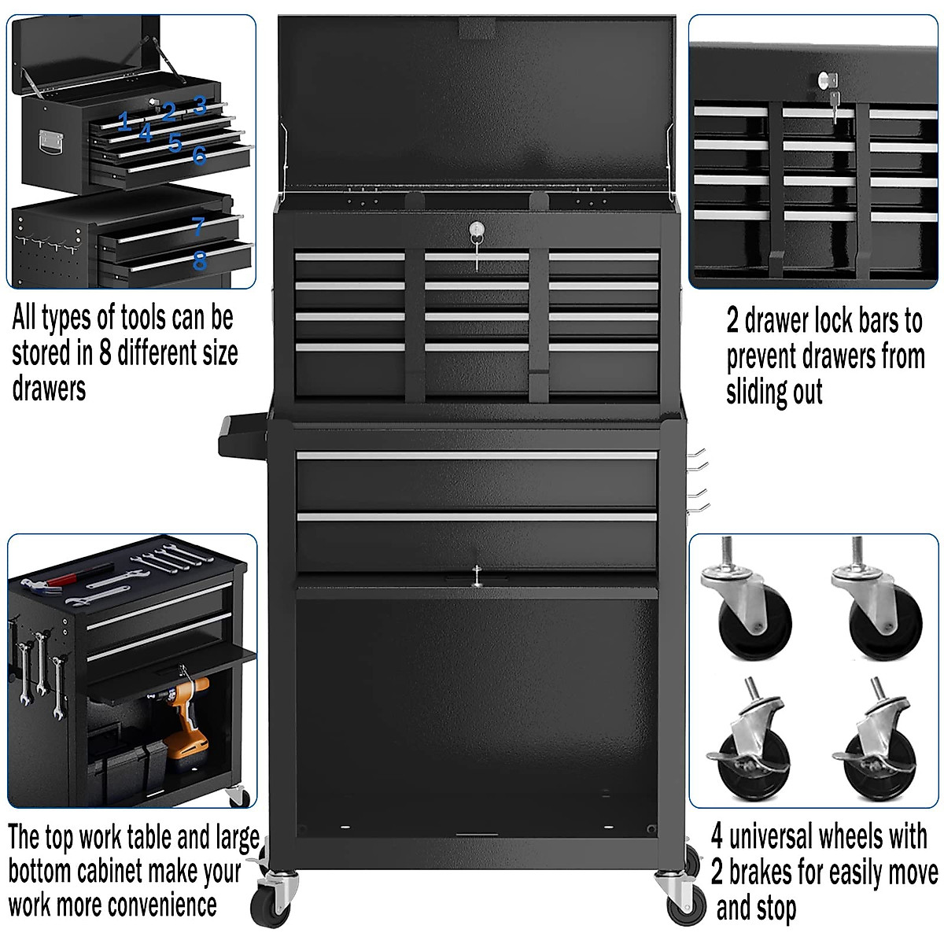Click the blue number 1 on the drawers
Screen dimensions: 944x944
pyautogui.click(x=124, y=121)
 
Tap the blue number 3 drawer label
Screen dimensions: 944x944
pyautogui.click(x=200, y=105)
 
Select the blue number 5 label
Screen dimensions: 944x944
pyautogui.click(x=175, y=142)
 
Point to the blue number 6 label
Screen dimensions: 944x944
pyautogui.click(x=199, y=155)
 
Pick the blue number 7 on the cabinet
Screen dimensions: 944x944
pyautogui.click(x=199, y=227)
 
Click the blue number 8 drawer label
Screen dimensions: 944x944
pyautogui.click(x=200, y=260)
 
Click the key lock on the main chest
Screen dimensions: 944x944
pyautogui.click(x=475, y=230)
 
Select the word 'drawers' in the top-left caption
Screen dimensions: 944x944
pyautogui.click(x=49, y=389)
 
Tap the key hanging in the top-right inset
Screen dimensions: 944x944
pyautogui.click(x=833, y=100)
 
